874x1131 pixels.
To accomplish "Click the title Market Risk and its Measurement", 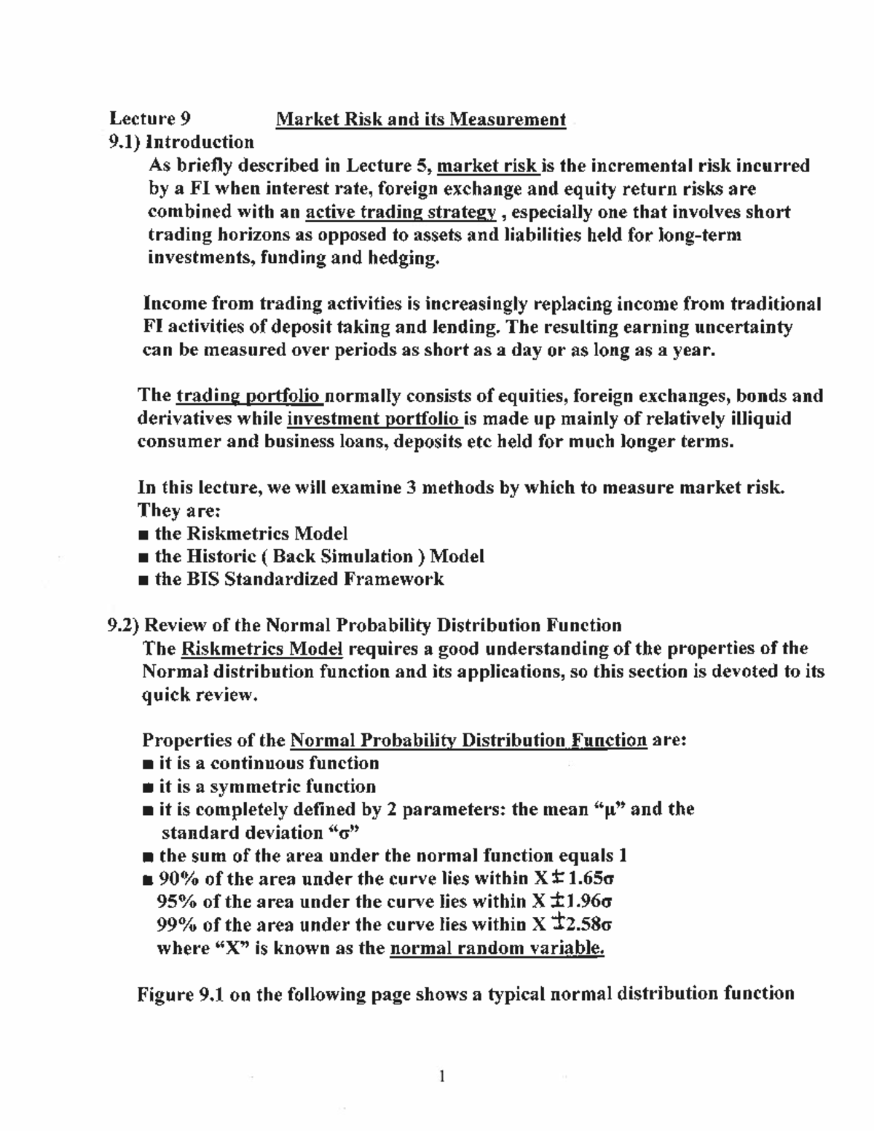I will [x=420, y=119].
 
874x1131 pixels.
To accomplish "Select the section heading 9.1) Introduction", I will [x=181, y=142].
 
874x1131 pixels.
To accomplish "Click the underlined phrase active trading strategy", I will [x=401, y=212].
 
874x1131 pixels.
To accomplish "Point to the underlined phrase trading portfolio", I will [x=249, y=396].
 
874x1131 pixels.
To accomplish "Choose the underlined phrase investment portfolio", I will [x=373, y=419].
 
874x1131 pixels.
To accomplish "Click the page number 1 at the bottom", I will [x=442, y=1076].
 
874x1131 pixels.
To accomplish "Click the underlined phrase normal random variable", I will [x=497, y=948].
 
